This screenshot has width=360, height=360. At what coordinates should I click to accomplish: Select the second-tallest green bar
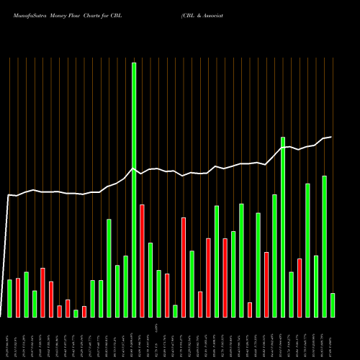click(283, 227)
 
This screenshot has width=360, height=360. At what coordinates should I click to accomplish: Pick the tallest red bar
click(142, 261)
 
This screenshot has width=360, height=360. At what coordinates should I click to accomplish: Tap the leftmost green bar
click(10, 298)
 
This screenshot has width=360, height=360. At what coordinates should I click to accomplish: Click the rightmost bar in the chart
click(333, 305)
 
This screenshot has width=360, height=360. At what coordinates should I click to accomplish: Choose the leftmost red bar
click(18, 297)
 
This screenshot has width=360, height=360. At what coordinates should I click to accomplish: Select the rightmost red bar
click(300, 287)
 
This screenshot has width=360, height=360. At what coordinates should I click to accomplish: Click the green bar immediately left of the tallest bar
click(125, 286)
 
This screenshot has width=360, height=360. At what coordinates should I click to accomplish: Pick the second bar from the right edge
click(325, 246)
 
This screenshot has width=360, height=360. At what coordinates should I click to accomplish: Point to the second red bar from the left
click(43, 292)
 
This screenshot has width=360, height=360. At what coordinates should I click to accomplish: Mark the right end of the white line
click(331, 137)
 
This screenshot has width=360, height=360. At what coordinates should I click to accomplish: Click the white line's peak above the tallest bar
click(132, 169)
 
